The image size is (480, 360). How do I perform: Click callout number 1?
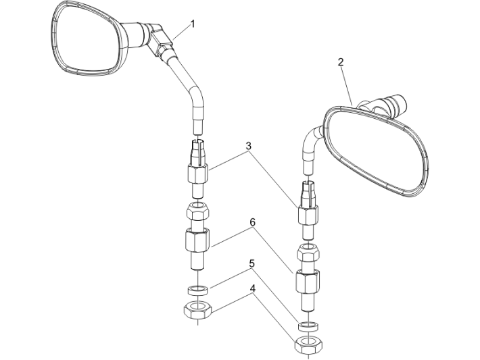click(193, 24)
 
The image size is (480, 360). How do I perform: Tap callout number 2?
click(341, 62)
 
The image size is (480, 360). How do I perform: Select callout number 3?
click(249, 146)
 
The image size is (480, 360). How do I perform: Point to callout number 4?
click(252, 288)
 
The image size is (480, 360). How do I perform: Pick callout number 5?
click(252, 263)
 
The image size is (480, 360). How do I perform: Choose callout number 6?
click(252, 222)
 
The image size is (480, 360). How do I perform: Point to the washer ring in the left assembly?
click(198, 290)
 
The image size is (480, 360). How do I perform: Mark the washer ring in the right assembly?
click(308, 326)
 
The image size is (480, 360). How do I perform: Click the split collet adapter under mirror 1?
click(198, 169)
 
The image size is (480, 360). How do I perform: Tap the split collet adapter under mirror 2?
click(308, 210)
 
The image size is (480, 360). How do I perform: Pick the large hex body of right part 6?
click(308, 281)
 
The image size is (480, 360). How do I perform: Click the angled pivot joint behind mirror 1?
click(159, 39)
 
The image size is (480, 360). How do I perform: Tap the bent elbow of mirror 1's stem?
click(196, 94)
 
